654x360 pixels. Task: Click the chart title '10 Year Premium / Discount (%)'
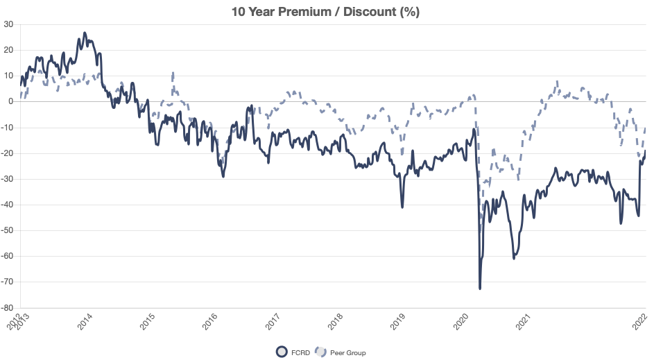[327, 12]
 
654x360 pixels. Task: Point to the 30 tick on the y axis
[9, 24]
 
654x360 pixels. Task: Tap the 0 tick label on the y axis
[12, 101]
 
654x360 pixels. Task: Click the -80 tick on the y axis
[8, 307]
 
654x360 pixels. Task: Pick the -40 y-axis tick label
[8, 205]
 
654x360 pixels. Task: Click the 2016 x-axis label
[210, 322]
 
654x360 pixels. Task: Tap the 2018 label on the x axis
[336, 322]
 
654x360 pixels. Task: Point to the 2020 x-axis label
[461, 322]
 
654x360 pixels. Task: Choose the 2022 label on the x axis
[642, 322]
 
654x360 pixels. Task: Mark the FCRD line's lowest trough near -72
[480, 288]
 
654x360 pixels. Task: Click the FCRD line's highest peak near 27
[85, 33]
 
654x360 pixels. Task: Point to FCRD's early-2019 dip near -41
[402, 207]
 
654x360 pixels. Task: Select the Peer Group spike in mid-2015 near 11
[172, 73]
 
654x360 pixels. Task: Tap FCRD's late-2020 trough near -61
[514, 258]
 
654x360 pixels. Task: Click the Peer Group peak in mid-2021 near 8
[557, 81]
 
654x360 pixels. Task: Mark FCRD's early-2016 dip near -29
[223, 176]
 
